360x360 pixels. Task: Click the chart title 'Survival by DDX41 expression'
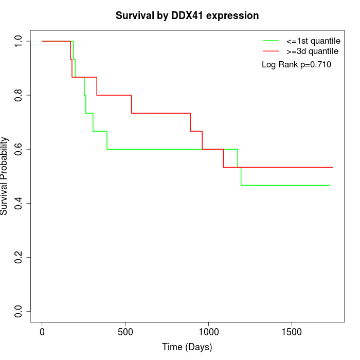(x=187, y=16)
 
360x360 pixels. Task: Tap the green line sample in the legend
(x=271, y=41)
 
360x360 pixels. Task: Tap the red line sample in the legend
(x=271, y=51)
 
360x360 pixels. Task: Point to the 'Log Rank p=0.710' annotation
(x=296, y=65)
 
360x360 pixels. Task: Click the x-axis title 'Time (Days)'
(x=187, y=347)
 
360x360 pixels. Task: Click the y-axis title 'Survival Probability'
(x=5, y=176)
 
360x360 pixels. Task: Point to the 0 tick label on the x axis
(x=42, y=332)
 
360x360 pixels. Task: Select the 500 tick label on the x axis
(x=125, y=332)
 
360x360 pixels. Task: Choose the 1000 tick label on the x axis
(x=209, y=332)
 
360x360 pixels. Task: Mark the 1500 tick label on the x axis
(x=292, y=332)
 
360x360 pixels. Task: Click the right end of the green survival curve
(x=329, y=185)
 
